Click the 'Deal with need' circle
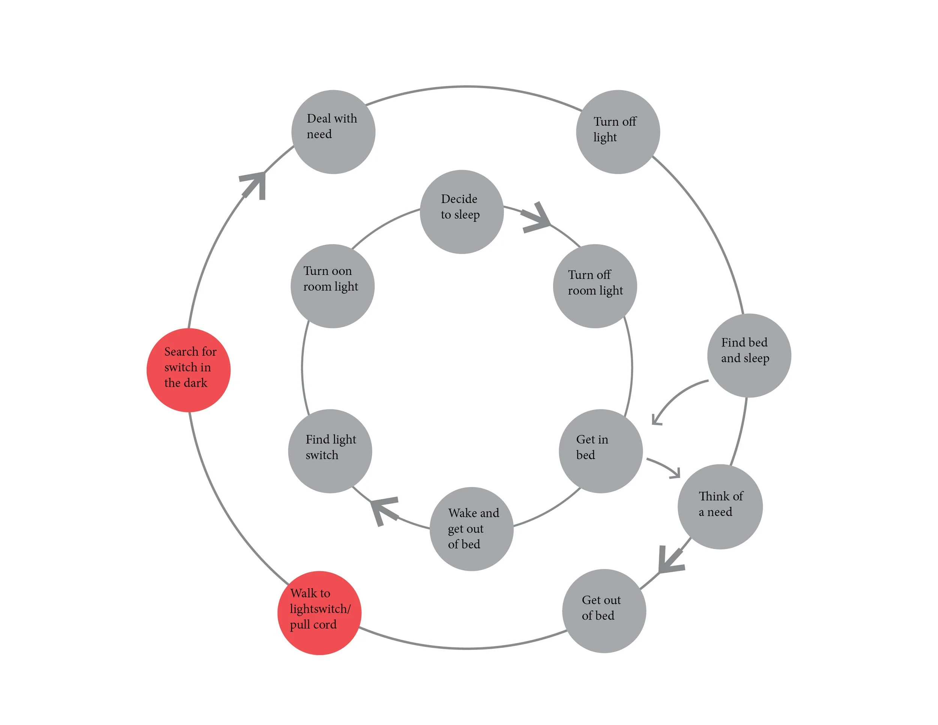click(x=333, y=132)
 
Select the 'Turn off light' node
click(x=618, y=132)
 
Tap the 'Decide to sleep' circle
click(x=462, y=212)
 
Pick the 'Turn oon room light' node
click(x=332, y=286)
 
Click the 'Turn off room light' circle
click(x=595, y=286)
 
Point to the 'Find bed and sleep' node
click(x=749, y=355)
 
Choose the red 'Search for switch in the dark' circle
click(x=189, y=370)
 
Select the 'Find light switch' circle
click(x=330, y=451)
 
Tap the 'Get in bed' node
click(x=600, y=451)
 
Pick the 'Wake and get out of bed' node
click(x=472, y=529)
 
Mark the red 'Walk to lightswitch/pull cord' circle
click(x=319, y=613)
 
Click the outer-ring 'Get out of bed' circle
click(x=604, y=611)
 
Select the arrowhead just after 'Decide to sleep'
click(x=537, y=218)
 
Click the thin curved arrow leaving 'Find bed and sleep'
click(x=674, y=397)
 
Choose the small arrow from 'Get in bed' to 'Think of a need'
click(x=666, y=467)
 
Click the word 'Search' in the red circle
click(x=180, y=352)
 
